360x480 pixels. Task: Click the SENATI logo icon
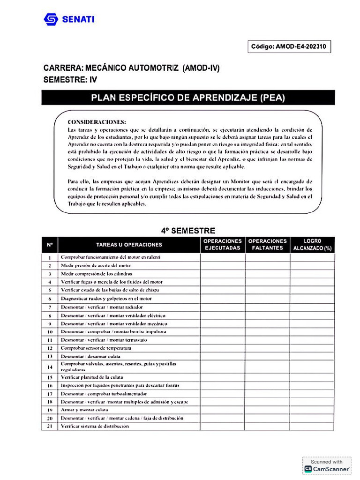[51, 19]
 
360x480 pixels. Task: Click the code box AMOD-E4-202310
[289, 46]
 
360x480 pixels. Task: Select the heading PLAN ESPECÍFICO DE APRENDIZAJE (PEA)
[188, 97]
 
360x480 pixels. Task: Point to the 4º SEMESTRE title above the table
[188, 231]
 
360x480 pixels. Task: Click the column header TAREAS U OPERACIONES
[129, 245]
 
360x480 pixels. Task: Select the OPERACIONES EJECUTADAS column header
[223, 245]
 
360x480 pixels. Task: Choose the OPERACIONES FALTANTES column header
[267, 245]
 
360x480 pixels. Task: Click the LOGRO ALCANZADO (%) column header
[312, 245]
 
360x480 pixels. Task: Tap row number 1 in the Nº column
[50, 257]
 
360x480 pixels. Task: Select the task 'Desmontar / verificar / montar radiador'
[102, 307]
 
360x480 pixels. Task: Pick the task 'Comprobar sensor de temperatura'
[96, 348]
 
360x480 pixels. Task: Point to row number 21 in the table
[50, 427]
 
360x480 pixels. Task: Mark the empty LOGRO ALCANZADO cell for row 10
[312, 332]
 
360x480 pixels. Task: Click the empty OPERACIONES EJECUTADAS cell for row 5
[223, 290]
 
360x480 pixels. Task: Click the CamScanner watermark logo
[308, 468]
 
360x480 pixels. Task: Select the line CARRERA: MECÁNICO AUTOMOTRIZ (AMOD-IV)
[131, 68]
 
